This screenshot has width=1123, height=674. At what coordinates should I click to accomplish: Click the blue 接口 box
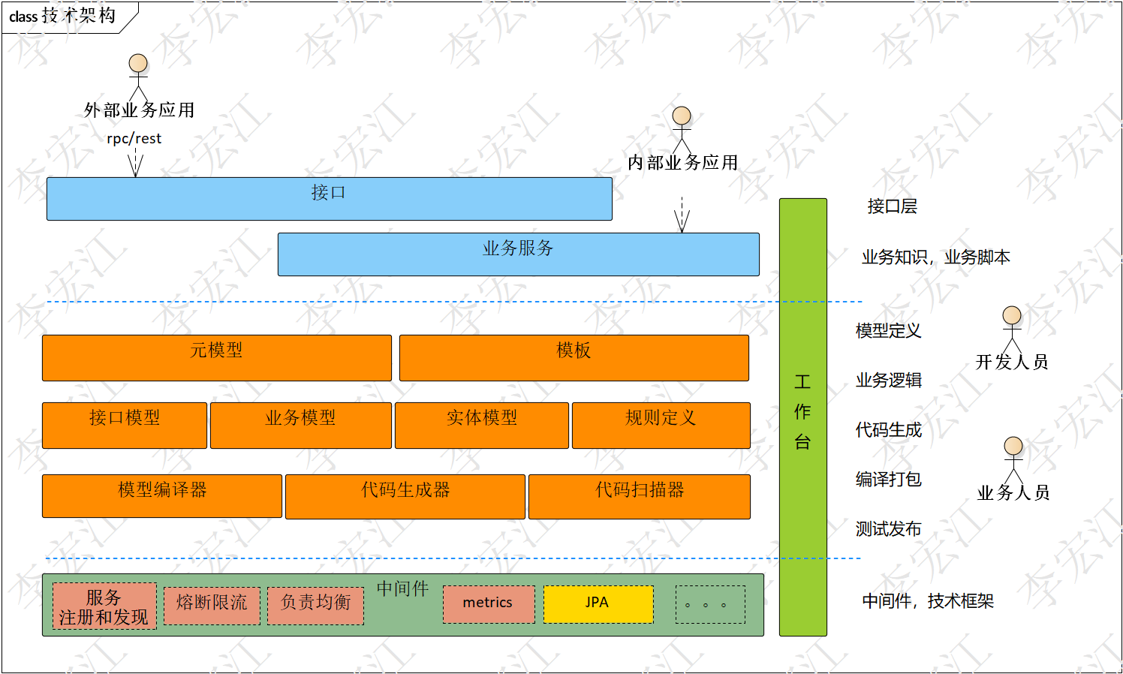(329, 199)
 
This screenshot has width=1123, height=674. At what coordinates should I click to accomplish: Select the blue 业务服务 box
(518, 254)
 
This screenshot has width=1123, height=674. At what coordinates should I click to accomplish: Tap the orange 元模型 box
(216, 358)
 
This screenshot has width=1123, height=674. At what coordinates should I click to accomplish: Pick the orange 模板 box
(574, 358)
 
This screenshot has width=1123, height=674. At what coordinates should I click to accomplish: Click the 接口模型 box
(124, 426)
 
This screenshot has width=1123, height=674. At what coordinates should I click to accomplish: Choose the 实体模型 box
(481, 426)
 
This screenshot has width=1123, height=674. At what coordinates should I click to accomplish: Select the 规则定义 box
(661, 426)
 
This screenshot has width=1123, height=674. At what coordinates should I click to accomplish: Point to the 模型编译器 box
(161, 496)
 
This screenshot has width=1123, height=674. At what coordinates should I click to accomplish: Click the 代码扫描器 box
(639, 496)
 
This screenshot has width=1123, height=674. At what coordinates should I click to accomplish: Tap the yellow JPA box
(598, 604)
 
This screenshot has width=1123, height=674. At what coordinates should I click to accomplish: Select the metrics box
(488, 604)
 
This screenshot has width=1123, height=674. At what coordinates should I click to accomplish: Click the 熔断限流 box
(212, 606)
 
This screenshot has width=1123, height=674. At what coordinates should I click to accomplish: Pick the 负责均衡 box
(315, 606)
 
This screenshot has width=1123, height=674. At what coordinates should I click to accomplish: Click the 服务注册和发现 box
(104, 606)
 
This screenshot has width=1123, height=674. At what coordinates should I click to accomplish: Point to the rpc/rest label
(134, 139)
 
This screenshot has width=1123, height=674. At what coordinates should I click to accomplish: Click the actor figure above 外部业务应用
(138, 76)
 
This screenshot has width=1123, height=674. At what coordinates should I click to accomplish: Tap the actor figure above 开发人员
(1012, 328)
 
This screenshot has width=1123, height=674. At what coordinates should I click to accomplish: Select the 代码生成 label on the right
(888, 430)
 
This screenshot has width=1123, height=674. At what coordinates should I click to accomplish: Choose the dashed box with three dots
(709, 604)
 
